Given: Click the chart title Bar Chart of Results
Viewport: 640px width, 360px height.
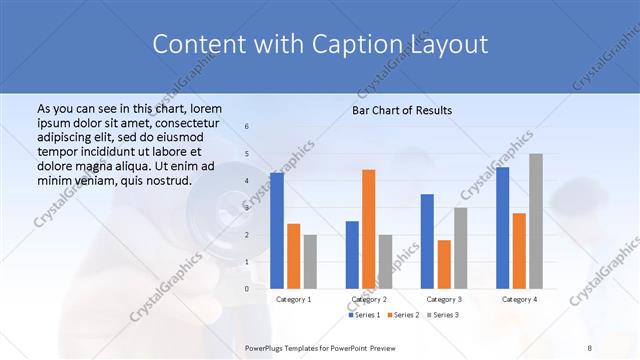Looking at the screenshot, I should pos(402,110).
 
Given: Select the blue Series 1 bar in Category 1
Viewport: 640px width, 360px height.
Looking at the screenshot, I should pos(277,230).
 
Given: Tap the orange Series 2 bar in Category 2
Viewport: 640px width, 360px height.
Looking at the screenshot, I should pos(369,229).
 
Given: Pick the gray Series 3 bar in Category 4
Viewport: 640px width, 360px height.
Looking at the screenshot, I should pos(536,221).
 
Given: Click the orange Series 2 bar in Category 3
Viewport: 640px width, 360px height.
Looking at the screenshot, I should pos(444,264).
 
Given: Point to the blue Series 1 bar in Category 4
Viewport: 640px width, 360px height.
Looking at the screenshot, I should pos(502,227).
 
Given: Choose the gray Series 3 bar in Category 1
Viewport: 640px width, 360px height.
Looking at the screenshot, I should pos(310,261).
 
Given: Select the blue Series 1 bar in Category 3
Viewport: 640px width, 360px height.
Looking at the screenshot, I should pos(427,241).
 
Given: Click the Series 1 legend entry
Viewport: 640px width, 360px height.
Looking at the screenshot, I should pos(365,315).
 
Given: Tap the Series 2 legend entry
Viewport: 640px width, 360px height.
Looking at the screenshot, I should pos(403,315).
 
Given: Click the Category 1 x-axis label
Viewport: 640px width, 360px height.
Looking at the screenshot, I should pos(293,299).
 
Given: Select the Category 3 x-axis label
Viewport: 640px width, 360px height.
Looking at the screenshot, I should pos(444,299).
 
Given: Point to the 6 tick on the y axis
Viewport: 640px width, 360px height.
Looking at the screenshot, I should pos(247,127).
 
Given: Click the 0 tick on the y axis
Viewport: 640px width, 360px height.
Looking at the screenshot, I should pos(247,288).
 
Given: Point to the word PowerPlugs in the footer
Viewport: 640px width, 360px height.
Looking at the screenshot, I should pos(267,348).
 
